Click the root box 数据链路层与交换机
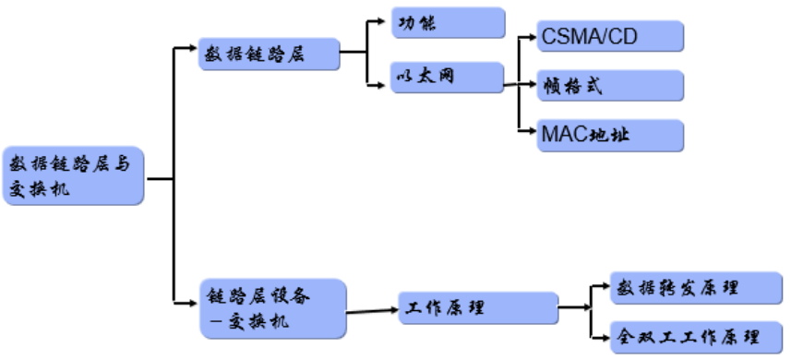pos(74,175)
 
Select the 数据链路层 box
pos(267,54)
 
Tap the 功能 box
pos(448,22)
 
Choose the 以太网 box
pos(448,78)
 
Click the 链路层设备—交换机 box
pos(272,306)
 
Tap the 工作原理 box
pos(478,306)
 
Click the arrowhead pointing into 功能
pos(383,20)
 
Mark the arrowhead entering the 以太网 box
pos(383,87)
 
